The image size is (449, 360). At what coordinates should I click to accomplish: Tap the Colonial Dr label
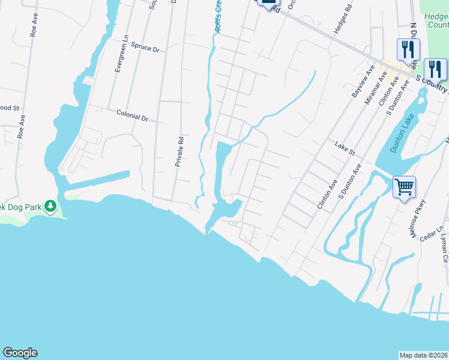(132, 116)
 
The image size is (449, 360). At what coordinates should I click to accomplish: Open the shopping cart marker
(405, 187)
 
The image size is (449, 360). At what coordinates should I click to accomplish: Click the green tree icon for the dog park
(50, 208)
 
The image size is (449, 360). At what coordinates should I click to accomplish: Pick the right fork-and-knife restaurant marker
(435, 70)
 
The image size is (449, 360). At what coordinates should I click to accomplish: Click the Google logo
(20, 353)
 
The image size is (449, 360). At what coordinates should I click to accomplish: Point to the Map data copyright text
(423, 355)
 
